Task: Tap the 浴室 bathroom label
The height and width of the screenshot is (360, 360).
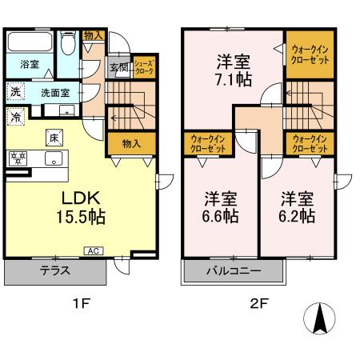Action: tap(30, 63)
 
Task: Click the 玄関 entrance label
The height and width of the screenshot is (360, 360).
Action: tap(118, 67)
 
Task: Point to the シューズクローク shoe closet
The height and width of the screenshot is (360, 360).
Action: tap(144, 66)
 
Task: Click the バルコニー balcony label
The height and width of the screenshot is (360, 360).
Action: tap(234, 270)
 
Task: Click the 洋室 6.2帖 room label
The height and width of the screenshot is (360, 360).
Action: tap(297, 206)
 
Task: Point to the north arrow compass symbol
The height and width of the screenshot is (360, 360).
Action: tap(319, 321)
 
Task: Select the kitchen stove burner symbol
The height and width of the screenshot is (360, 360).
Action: tap(18, 157)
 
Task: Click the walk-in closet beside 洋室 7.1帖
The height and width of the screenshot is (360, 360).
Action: tap(309, 54)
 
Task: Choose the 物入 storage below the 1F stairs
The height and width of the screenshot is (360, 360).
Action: tap(132, 143)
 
